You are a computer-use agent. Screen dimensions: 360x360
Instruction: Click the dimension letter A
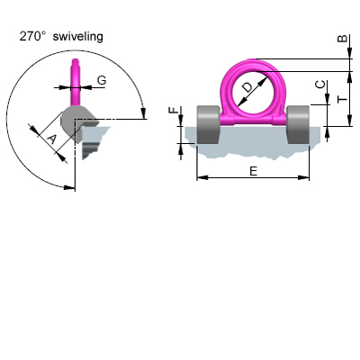point(51,139)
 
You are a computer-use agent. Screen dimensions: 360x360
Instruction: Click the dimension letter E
point(253,168)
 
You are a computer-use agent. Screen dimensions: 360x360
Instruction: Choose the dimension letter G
point(101,81)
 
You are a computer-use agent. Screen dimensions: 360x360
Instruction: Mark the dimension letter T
point(342,100)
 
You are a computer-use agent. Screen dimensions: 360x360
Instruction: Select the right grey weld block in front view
point(299,124)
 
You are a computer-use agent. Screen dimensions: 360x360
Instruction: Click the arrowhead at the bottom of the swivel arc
point(69,186)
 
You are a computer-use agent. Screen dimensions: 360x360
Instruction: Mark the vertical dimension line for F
point(182,130)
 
